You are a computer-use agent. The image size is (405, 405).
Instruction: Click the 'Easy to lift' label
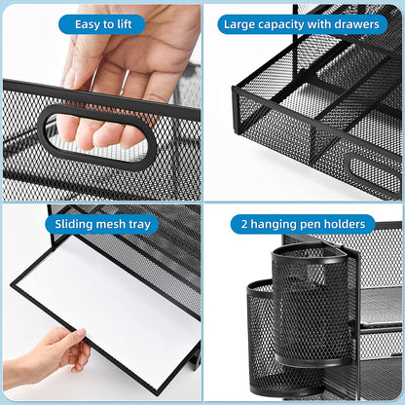(x=101, y=24)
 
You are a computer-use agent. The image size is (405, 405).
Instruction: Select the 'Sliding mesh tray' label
(x=101, y=225)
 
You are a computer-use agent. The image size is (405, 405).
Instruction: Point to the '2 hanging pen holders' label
(x=303, y=225)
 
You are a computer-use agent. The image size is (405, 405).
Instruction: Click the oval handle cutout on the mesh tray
(x=97, y=135)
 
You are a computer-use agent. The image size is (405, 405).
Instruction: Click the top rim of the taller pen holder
(x=310, y=250)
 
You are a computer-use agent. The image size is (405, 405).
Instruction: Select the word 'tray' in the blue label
(x=139, y=225)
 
